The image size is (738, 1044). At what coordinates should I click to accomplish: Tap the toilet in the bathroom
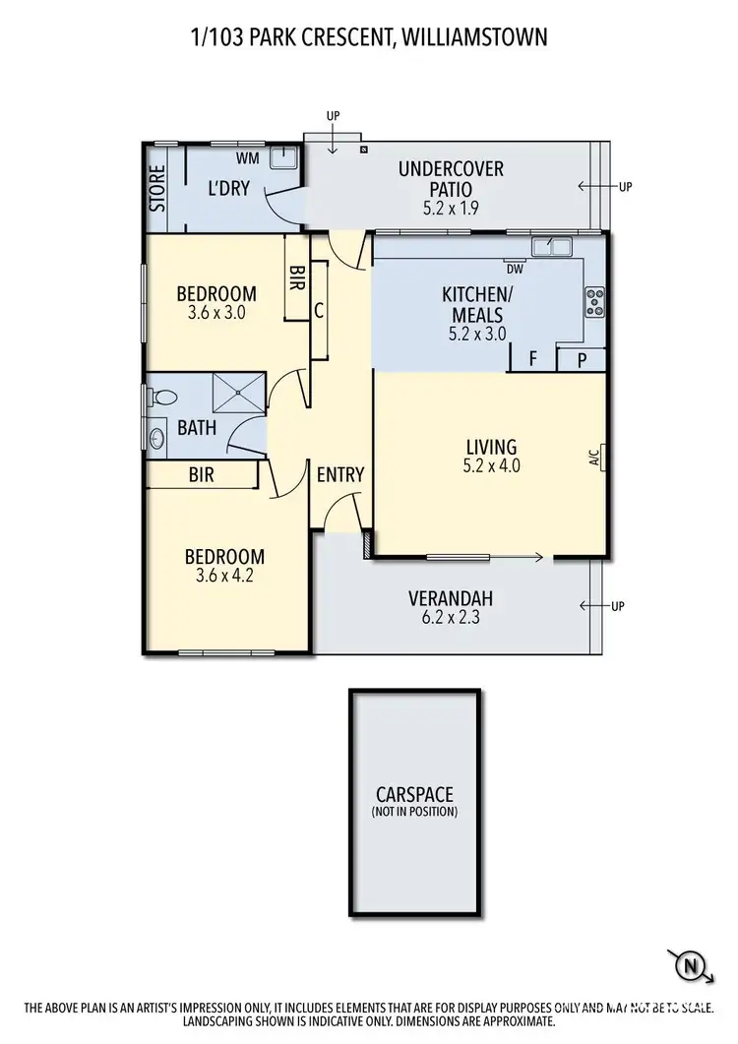click(163, 398)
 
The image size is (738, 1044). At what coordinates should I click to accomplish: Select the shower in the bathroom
click(240, 394)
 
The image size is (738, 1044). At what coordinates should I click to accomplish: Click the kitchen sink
click(550, 246)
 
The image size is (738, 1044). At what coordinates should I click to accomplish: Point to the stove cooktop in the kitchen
click(594, 301)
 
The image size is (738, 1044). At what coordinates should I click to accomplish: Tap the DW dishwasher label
click(514, 268)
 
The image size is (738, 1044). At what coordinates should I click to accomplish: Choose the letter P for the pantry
click(582, 361)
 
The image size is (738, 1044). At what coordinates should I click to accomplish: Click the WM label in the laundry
click(248, 157)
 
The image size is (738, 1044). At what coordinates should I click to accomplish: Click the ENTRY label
click(340, 474)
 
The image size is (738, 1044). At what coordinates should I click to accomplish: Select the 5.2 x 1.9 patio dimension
click(450, 209)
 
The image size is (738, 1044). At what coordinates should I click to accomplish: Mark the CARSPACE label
click(414, 794)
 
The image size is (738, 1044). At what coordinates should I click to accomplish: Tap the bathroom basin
click(158, 438)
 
